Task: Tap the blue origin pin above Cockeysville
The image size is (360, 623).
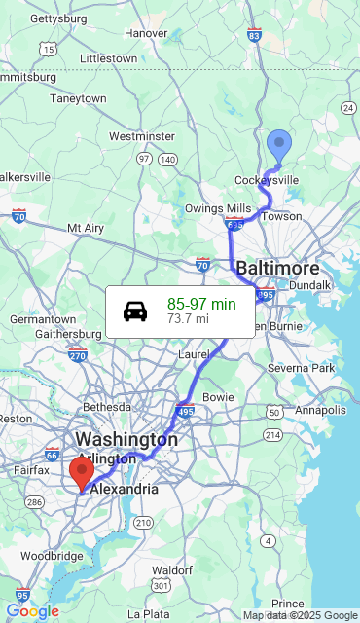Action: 279,146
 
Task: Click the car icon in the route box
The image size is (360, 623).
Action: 135,311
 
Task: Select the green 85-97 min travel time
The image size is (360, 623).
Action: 201,304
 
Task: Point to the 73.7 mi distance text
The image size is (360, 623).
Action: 188,318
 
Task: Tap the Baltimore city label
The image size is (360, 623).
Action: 277,268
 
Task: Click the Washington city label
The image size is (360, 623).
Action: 126,439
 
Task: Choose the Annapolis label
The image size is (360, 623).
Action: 320,410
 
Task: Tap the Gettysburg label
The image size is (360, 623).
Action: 58,18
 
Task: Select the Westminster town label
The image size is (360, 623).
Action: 142,136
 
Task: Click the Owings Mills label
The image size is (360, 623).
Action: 218,208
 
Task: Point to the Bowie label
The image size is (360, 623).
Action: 218,397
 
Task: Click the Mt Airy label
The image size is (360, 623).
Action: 86,228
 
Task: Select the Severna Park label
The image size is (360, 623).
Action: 301,368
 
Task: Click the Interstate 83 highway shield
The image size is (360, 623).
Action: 254,36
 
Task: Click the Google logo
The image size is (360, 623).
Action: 32,611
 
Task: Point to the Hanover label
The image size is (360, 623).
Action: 146,33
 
